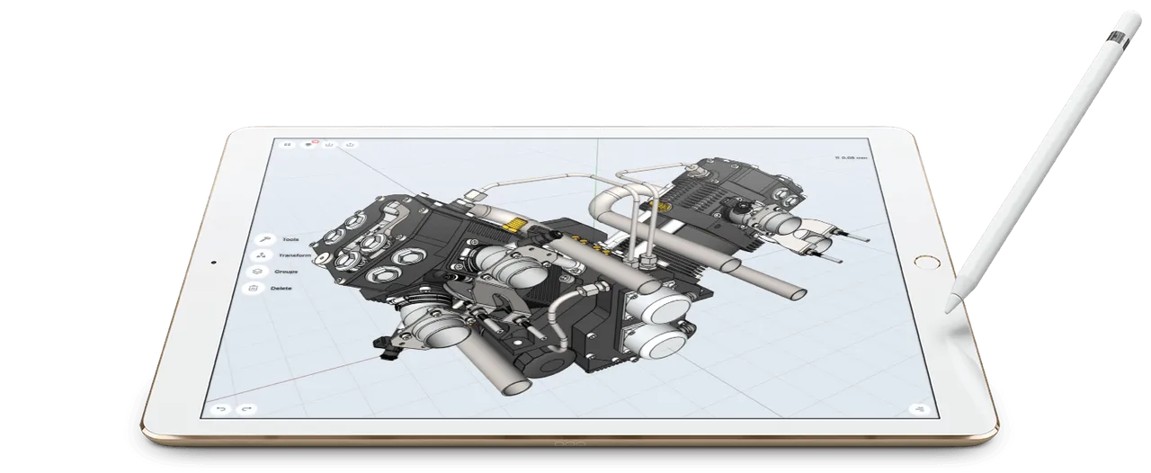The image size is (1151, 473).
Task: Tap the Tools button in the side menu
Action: tap(265, 239)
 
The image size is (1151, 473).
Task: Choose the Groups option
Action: tap(257, 271)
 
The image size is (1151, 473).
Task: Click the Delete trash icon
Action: tap(254, 289)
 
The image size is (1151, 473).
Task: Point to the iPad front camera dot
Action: tap(212, 263)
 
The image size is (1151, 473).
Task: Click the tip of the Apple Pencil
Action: tap(947, 310)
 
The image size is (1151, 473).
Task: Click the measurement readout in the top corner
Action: tap(852, 158)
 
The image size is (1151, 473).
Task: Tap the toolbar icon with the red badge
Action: tap(310, 144)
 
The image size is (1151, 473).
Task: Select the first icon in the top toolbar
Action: tap(288, 144)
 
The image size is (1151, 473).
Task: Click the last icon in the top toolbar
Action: tap(351, 144)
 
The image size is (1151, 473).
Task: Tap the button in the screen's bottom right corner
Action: tap(918, 408)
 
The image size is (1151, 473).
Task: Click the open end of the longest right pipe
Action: tap(796, 293)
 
